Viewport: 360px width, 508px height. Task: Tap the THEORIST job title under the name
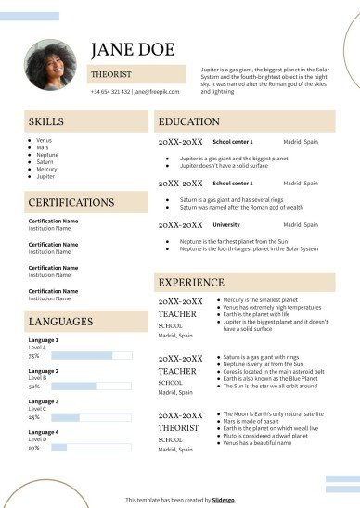point(111,74)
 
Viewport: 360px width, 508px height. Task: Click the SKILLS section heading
point(46,122)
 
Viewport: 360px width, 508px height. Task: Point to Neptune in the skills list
point(46,155)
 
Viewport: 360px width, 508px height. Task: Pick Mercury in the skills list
point(46,170)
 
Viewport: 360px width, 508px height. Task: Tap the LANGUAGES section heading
point(60,322)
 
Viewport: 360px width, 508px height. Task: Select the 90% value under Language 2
point(33,387)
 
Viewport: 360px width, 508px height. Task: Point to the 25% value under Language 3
point(33,417)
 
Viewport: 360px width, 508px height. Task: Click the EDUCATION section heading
point(188,122)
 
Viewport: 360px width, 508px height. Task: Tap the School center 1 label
point(233,143)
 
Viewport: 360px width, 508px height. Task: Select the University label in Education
point(225,225)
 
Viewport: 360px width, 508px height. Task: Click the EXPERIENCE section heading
point(191,282)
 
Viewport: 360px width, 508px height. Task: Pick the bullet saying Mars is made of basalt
point(256,421)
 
